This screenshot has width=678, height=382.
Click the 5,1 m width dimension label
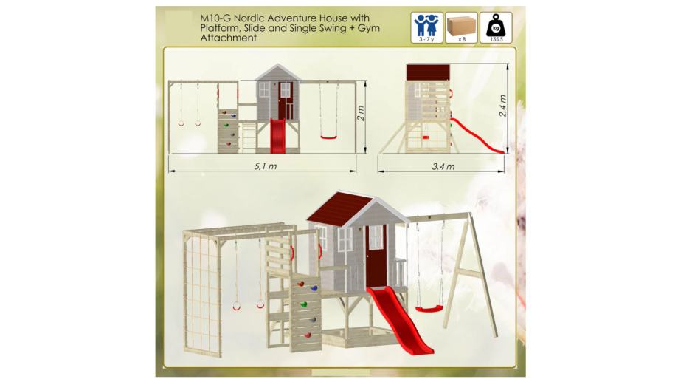[266, 166]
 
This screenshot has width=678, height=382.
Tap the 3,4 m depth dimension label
[443, 166]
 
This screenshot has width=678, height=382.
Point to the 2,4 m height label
[502, 106]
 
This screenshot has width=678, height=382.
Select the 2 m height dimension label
[361, 114]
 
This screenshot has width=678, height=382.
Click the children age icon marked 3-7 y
[426, 28]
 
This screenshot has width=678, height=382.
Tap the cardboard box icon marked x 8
[461, 28]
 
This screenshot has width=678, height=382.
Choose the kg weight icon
[496, 28]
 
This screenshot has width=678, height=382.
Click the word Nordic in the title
[249, 18]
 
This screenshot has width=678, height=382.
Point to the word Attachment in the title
[228, 38]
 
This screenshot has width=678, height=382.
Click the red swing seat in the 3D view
[429, 309]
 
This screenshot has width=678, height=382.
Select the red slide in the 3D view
[398, 318]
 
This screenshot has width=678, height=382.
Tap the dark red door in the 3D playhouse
[376, 256]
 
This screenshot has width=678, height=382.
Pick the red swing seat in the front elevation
[328, 137]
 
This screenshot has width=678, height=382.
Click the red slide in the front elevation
[277, 135]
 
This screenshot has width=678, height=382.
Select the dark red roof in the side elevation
[428, 72]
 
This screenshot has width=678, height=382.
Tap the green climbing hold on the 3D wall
[303, 304]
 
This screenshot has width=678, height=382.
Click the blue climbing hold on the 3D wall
[314, 288]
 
